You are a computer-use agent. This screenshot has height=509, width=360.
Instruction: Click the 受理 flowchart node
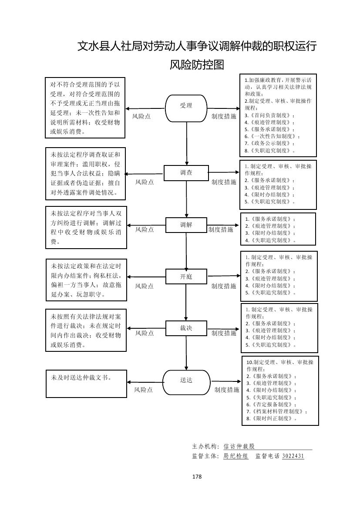[x=186, y=106]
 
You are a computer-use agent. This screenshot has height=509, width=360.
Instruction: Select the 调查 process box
[x=186, y=173]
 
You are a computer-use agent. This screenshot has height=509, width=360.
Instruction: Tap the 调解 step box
[x=186, y=225]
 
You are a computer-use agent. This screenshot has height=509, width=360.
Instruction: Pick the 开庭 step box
[x=186, y=276]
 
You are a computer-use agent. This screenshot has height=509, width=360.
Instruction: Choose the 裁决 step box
[x=186, y=328]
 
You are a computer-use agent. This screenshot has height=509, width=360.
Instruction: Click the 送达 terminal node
[x=186, y=380]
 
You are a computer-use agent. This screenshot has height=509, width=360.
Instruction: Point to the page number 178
[x=197, y=476]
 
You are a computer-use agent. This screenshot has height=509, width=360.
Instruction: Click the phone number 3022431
[x=293, y=456]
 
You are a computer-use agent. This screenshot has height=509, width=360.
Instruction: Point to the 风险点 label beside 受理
[x=141, y=117]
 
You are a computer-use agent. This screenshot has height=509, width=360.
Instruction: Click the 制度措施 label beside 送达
[x=227, y=390]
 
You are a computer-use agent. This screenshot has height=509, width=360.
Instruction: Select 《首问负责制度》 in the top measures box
[x=270, y=115]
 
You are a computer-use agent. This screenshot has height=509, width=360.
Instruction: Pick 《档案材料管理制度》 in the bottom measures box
[x=277, y=411]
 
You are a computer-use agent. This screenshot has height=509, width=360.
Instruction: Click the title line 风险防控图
[x=197, y=65]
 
